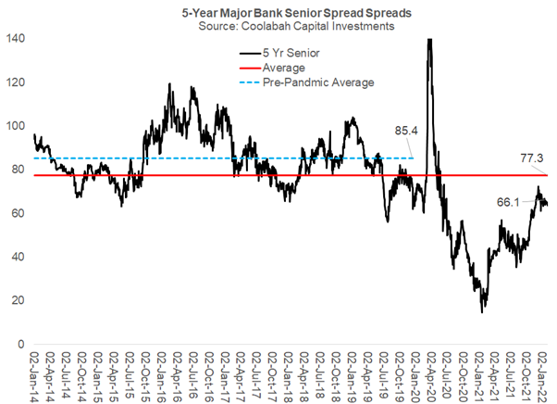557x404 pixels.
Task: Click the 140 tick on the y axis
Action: [x=16, y=39]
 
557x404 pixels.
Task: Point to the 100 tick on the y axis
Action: [x=16, y=126]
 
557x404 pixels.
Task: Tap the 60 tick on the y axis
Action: [x=19, y=213]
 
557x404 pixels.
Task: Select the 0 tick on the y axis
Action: [x=21, y=345]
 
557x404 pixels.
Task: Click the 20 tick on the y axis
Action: [x=19, y=300]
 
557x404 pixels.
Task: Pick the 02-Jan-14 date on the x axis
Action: [x=35, y=376]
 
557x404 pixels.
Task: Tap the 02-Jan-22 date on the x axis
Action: [x=544, y=376]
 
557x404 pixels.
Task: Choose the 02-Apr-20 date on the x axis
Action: [x=432, y=376]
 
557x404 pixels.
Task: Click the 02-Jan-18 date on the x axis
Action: [x=290, y=376]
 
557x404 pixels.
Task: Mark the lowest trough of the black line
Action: [x=482, y=312]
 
